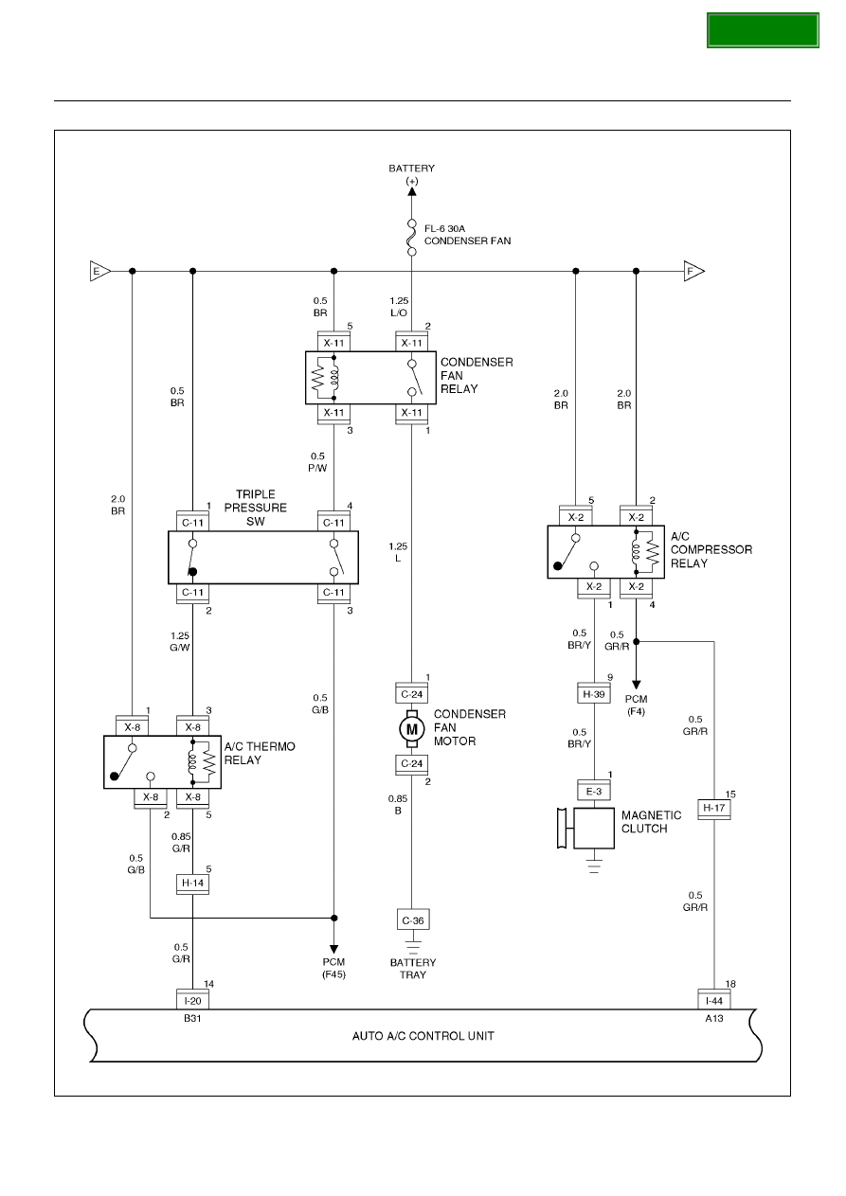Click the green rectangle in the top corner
[x=763, y=30]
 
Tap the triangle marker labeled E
[x=99, y=271]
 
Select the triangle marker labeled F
[x=693, y=271]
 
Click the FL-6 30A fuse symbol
[x=412, y=237]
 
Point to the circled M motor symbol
[x=412, y=729]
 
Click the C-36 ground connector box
[x=413, y=920]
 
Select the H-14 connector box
[x=193, y=884]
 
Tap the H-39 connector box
[x=594, y=695]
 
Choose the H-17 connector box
[x=714, y=809]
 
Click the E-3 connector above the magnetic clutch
[x=594, y=791]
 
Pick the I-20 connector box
[x=193, y=1000]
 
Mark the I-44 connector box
[x=714, y=1000]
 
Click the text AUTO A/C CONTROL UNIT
[x=423, y=1036]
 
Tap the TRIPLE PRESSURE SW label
[x=255, y=508]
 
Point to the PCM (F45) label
[x=333, y=968]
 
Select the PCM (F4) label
[x=636, y=705]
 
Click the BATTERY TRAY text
[x=413, y=969]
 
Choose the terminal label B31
[x=192, y=1018]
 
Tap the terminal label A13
[x=714, y=1018]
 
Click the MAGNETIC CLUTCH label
[x=651, y=822]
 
